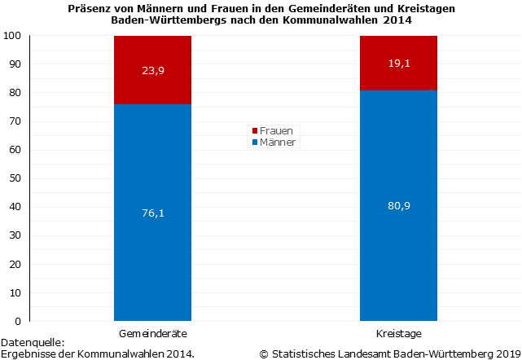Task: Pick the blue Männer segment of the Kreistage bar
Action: pos(398,261)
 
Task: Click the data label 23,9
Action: pos(152,70)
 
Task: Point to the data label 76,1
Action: pos(152,213)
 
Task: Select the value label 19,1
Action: pos(398,63)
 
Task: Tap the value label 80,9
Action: pos(398,205)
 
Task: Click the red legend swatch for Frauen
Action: pos(254,130)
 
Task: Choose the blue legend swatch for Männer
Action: pos(254,143)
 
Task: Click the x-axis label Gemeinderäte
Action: pos(153,334)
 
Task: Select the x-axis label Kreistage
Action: pos(398,334)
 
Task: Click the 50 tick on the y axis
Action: pos(15,178)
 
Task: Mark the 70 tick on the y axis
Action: pos(15,121)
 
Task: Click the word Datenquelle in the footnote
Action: pos(31,343)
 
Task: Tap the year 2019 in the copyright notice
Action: pos(506,353)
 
